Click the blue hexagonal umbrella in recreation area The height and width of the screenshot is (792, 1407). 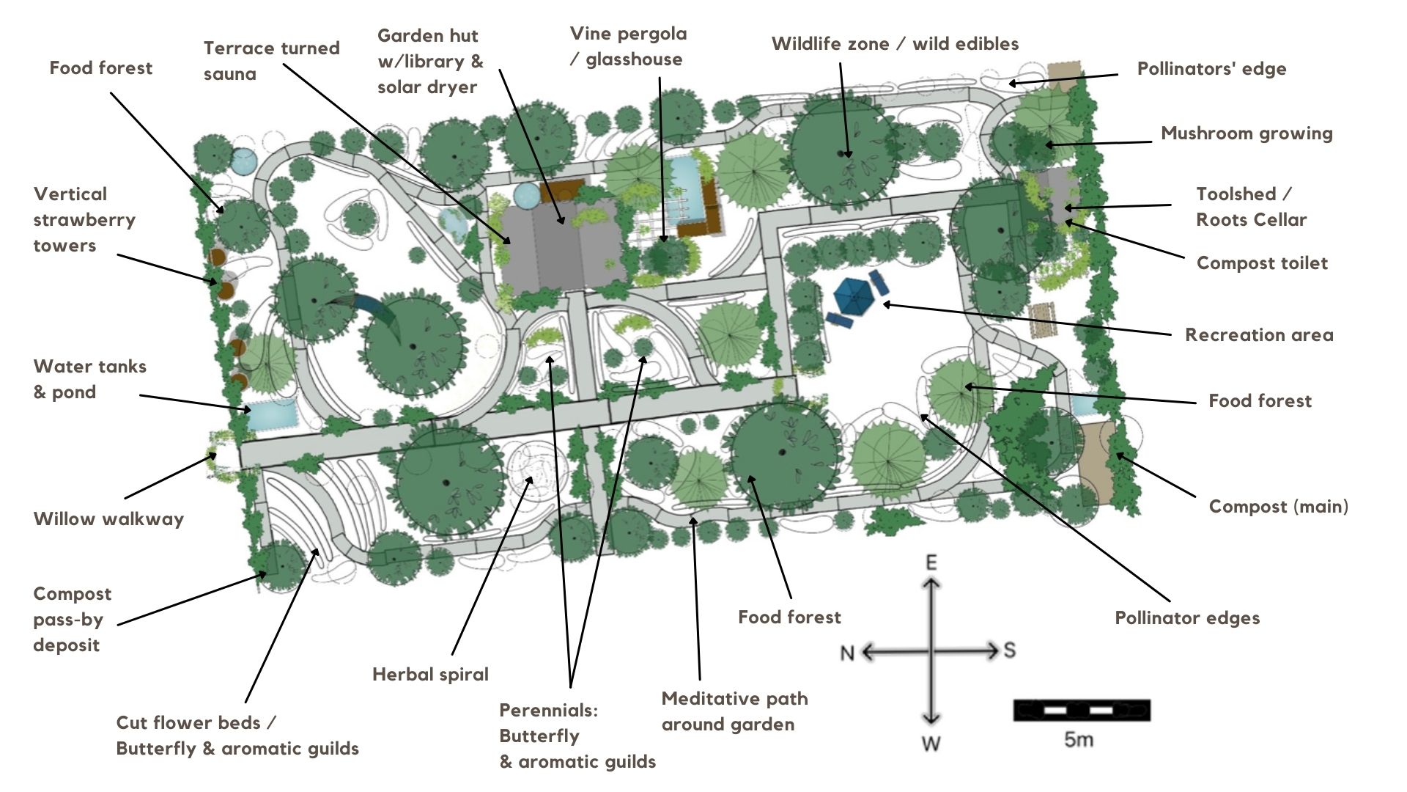851,296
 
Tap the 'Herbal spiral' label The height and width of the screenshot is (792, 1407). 430,675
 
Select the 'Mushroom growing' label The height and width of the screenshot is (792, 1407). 1247,133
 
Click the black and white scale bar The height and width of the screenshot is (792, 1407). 1081,710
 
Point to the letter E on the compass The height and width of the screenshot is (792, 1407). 931,562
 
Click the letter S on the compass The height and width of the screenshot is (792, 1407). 1009,650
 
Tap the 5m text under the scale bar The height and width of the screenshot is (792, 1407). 1078,739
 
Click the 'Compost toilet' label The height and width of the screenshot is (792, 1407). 1262,263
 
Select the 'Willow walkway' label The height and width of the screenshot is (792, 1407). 108,519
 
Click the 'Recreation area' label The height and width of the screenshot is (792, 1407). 1259,335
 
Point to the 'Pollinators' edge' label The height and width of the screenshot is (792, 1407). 1211,69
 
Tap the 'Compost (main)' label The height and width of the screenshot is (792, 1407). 1279,507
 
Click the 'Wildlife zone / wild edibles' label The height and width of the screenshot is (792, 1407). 895,44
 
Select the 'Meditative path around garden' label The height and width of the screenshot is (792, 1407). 735,711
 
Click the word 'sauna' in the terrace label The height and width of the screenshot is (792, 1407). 230,74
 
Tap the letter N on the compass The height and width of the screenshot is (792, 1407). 847,653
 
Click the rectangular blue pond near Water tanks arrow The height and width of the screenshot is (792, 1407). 273,415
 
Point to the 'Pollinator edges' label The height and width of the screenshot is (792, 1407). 1187,618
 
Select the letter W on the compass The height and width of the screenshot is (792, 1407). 931,744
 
